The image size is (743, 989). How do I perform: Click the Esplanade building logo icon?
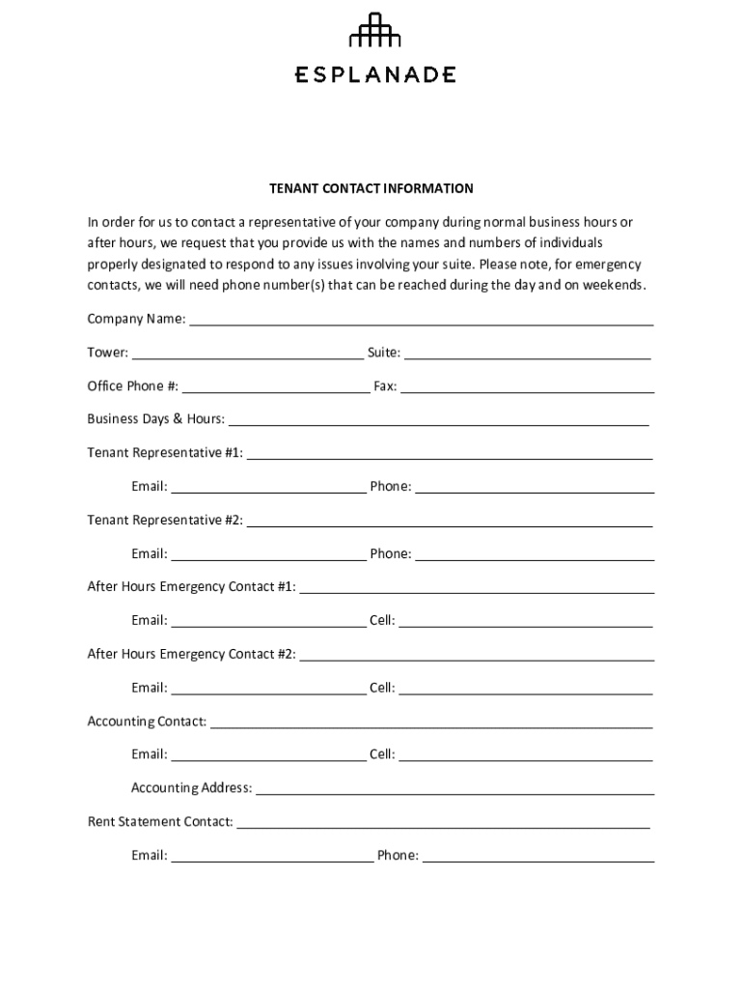pos(374,31)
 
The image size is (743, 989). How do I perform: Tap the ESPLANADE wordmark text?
pos(374,74)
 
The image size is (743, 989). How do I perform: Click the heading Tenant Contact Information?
pos(371,188)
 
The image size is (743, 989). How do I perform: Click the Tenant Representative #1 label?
pos(165,452)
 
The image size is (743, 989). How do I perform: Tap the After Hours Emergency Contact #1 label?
pos(191,586)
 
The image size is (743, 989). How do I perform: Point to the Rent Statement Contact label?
pos(160,822)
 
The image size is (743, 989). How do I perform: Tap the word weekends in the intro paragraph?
pos(613,286)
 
